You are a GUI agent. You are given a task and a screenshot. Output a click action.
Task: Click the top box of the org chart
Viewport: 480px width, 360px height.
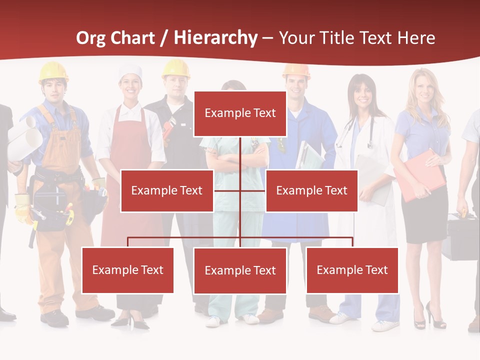240,113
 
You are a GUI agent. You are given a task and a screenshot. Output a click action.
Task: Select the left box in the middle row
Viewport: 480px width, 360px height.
167,190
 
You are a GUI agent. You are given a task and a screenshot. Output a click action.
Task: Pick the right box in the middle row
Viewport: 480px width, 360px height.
311,190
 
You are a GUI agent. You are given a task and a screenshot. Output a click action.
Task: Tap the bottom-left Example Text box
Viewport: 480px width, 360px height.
127,270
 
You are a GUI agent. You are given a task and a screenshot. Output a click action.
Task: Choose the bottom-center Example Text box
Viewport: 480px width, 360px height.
240,270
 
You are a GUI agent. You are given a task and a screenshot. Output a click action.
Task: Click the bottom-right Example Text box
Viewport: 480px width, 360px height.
352,270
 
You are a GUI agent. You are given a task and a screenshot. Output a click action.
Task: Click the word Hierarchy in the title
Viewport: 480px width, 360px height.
215,38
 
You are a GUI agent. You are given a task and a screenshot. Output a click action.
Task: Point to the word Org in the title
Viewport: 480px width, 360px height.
91,38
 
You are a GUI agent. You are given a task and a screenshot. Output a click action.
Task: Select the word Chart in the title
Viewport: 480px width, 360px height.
133,38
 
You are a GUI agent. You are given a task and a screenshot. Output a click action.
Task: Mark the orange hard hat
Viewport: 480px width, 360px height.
296,71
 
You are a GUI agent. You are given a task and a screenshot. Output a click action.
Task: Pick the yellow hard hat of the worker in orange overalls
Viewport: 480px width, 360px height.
53,71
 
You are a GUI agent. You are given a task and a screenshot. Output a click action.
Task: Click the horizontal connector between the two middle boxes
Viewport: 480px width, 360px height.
240,190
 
